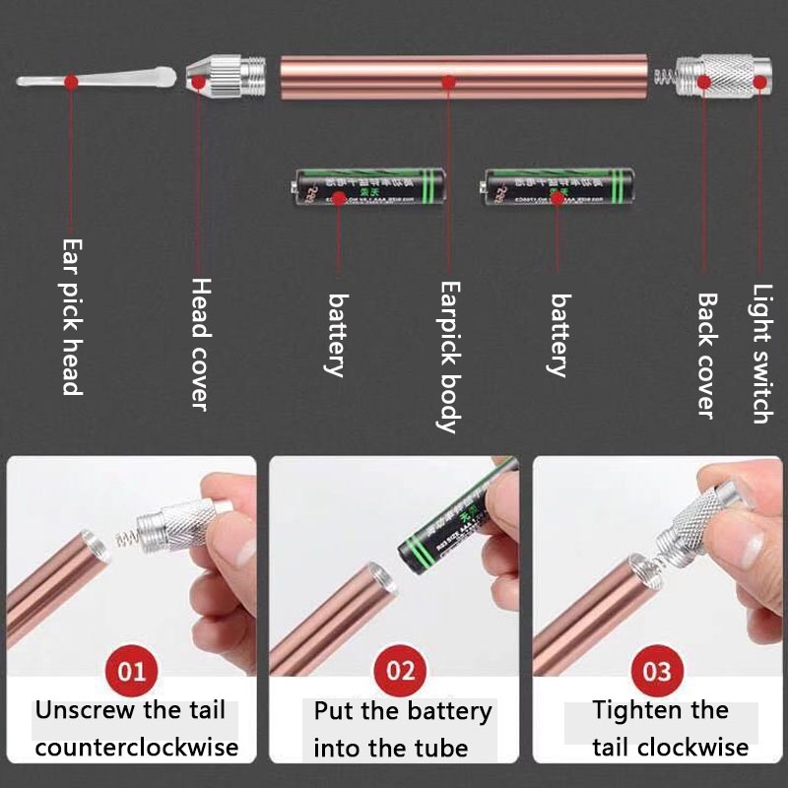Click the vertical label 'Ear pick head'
[71, 316]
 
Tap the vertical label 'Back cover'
[706, 355]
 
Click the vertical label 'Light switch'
[761, 354]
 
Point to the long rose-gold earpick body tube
[463, 78]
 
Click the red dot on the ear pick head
[71, 83]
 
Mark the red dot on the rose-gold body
[448, 83]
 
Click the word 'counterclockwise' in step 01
[136, 747]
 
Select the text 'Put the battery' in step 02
[402, 711]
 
